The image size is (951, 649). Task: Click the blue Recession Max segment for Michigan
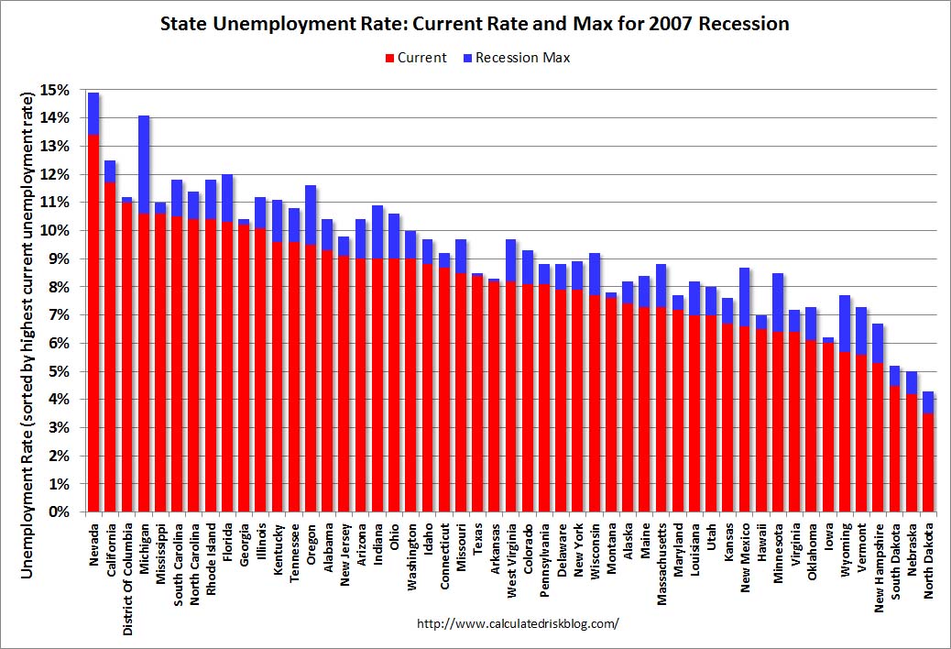(144, 164)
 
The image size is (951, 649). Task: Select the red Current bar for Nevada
(93, 321)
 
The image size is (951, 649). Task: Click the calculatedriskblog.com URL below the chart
(518, 623)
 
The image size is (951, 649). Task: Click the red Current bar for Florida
(227, 367)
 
